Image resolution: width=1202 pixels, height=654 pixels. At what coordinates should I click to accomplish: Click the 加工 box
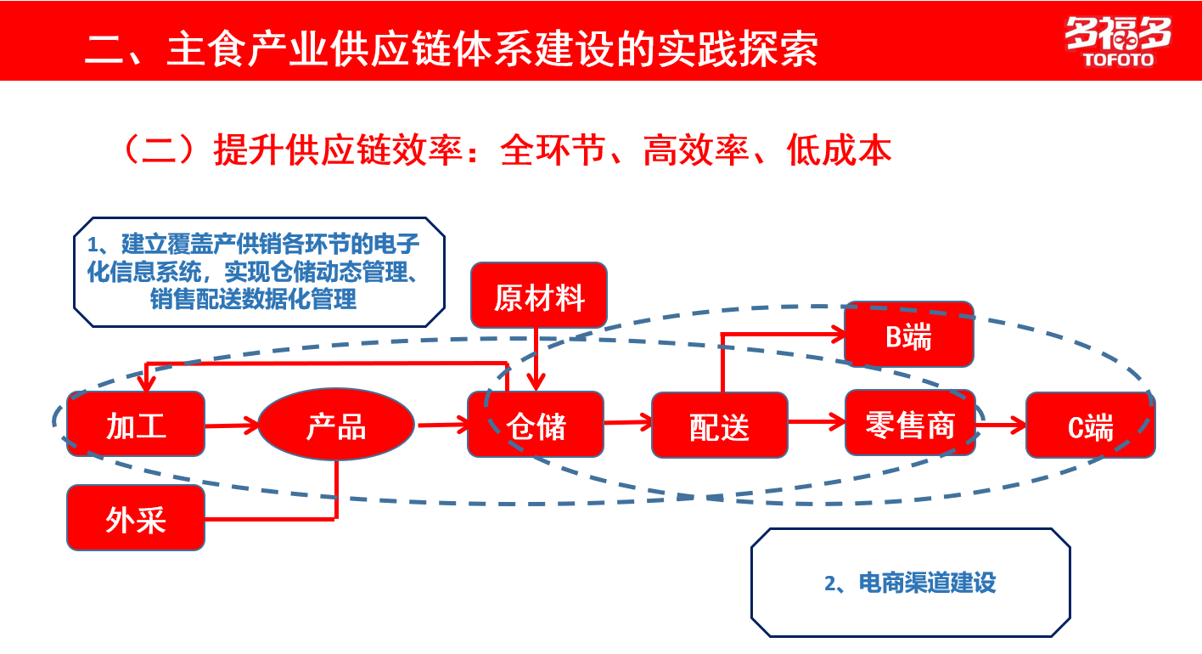pyautogui.click(x=136, y=425)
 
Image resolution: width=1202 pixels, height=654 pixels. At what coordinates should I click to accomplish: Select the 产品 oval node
pyautogui.click(x=336, y=425)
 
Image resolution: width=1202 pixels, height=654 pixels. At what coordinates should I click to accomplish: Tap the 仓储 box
pyautogui.click(x=536, y=425)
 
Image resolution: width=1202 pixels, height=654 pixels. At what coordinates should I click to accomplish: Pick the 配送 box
pyautogui.click(x=720, y=425)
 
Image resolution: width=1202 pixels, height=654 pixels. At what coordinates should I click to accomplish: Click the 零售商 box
pyautogui.click(x=910, y=423)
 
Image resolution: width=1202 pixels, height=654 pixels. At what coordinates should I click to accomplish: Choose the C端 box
pyautogui.click(x=1091, y=426)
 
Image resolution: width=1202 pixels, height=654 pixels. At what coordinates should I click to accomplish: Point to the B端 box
pyautogui.click(x=908, y=335)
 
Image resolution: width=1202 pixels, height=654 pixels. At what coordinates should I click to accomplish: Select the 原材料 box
pyautogui.click(x=540, y=296)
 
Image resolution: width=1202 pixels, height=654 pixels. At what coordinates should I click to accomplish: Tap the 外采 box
pyautogui.click(x=136, y=517)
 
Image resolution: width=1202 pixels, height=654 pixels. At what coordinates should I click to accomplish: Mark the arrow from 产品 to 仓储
pyautogui.click(x=441, y=425)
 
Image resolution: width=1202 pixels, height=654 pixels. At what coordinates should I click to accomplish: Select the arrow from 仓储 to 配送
pyautogui.click(x=627, y=422)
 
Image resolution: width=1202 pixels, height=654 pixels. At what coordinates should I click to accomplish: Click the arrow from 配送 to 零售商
pyautogui.click(x=816, y=420)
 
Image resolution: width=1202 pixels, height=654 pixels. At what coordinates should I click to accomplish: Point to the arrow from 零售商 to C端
pyautogui.click(x=1002, y=424)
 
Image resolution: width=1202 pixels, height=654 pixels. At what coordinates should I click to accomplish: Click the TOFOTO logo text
pyautogui.click(x=1119, y=60)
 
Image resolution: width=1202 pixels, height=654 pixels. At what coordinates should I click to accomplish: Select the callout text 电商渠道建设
pyautogui.click(x=927, y=583)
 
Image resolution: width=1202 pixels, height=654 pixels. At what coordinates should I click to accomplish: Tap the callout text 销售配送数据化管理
pyautogui.click(x=253, y=299)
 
